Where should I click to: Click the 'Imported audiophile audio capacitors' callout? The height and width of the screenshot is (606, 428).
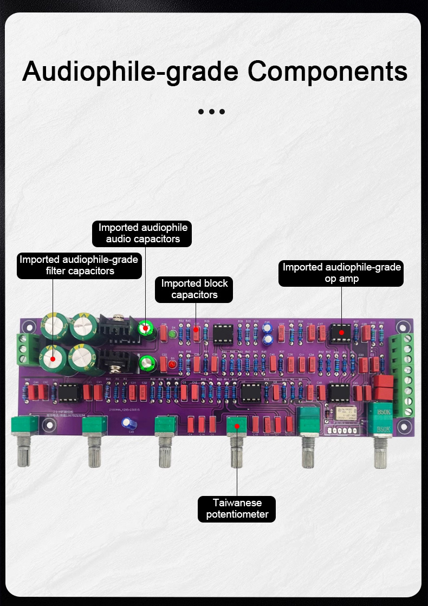tap(142, 233)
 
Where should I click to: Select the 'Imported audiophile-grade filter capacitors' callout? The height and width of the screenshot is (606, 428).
tap(79, 265)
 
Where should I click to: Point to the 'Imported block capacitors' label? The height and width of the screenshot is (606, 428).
tap(194, 289)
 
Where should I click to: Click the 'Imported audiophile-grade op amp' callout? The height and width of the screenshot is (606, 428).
tap(341, 273)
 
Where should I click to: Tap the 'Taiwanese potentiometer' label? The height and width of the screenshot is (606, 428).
tap(237, 508)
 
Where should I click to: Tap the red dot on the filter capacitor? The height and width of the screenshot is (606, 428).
tap(53, 358)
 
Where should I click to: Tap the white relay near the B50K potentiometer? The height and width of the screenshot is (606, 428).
tap(345, 413)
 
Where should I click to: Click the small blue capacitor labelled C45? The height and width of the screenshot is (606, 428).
tap(128, 423)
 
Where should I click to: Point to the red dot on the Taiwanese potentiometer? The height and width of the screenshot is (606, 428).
tap(237, 427)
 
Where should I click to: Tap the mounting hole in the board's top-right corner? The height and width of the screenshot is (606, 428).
tap(401, 327)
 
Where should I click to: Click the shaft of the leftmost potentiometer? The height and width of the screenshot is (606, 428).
tap(24, 450)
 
